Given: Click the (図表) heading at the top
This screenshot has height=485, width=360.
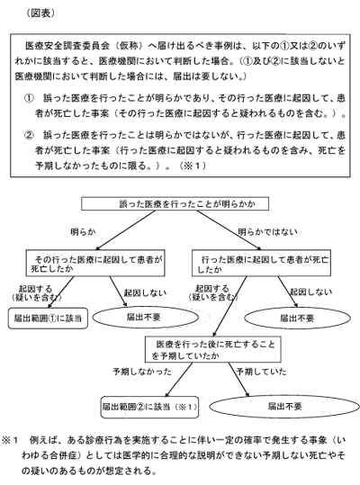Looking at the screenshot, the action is [x=40, y=13].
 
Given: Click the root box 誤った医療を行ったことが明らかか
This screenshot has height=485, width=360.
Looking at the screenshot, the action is [x=175, y=204].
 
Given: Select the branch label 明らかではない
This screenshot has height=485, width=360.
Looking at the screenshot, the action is [x=267, y=232].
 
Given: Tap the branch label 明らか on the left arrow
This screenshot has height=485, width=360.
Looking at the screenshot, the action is [x=83, y=232].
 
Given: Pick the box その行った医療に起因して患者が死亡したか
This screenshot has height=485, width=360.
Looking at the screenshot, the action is [x=95, y=264].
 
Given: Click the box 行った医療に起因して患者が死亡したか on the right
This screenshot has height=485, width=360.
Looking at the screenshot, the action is [x=261, y=264].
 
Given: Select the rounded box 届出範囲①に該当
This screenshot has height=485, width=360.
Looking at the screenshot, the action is [x=48, y=318].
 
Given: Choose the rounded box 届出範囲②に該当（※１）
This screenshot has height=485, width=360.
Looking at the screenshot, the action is [x=149, y=407].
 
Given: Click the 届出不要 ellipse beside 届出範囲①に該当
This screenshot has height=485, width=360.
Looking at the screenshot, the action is [x=146, y=318].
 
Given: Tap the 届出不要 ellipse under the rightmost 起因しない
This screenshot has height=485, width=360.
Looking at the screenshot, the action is [x=298, y=319].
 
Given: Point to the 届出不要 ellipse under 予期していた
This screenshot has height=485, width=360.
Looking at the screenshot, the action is [x=284, y=406].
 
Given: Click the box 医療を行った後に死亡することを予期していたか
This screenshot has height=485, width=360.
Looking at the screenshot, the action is [x=213, y=349].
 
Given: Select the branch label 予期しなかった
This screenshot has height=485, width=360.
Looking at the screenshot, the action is [x=142, y=372].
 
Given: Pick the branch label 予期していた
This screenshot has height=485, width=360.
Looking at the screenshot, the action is [x=261, y=371].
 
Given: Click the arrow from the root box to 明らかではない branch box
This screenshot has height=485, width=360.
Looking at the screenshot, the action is [x=229, y=229].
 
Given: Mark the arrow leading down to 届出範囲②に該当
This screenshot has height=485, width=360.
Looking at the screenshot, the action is [x=179, y=380].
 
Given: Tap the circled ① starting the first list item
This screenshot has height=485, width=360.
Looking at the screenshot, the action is [x=29, y=99].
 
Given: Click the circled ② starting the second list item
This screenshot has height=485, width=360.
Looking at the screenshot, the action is [x=29, y=135].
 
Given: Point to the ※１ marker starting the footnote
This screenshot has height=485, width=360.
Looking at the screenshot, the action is [x=11, y=441].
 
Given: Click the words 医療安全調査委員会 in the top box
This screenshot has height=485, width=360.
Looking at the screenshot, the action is [x=67, y=46].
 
